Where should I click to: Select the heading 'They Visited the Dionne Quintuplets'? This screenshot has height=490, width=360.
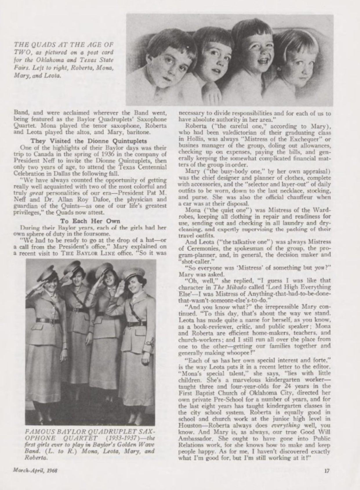pyautogui.click(x=88, y=141)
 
